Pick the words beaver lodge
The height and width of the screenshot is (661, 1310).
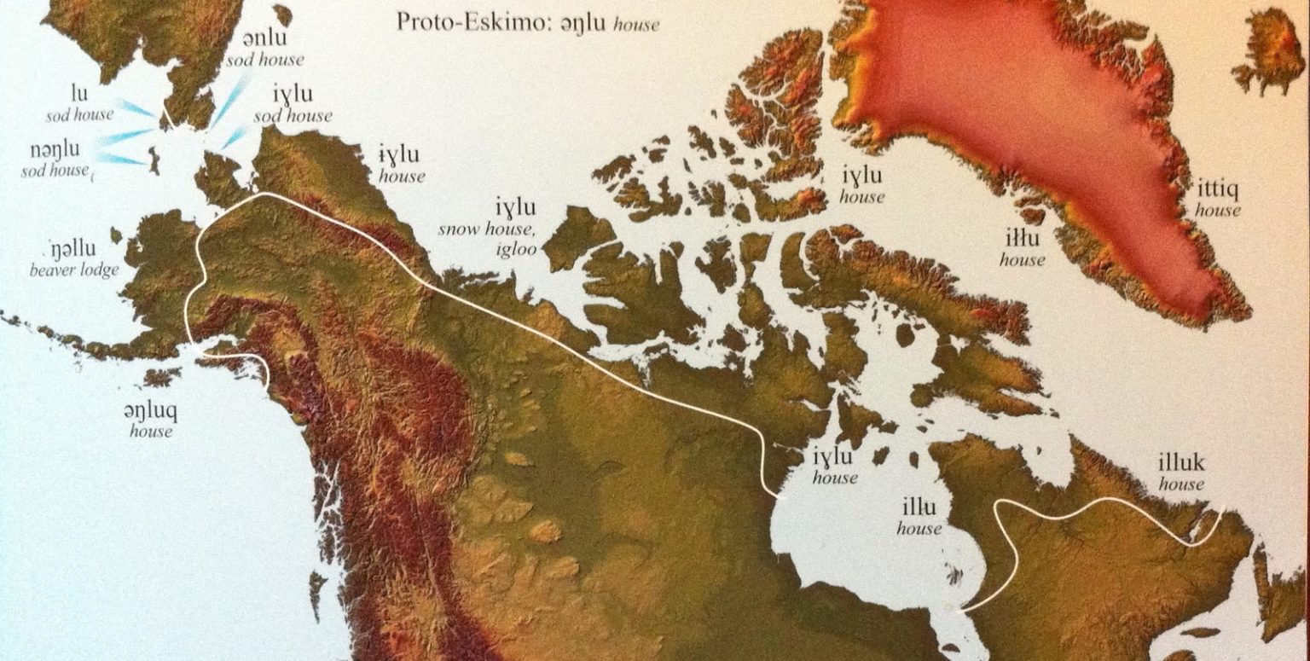tap(74, 270)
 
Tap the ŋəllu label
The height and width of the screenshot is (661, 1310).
tap(74, 252)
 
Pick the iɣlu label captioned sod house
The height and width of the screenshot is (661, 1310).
tap(292, 94)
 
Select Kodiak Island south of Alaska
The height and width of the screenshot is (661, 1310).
tap(159, 376)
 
